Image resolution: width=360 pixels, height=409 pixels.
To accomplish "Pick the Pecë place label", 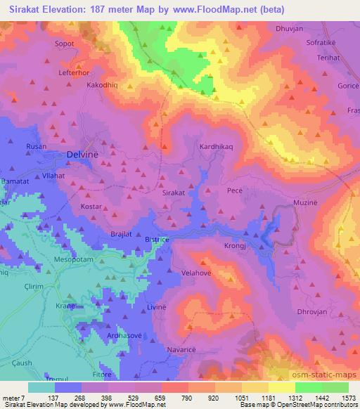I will pos(235,190).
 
